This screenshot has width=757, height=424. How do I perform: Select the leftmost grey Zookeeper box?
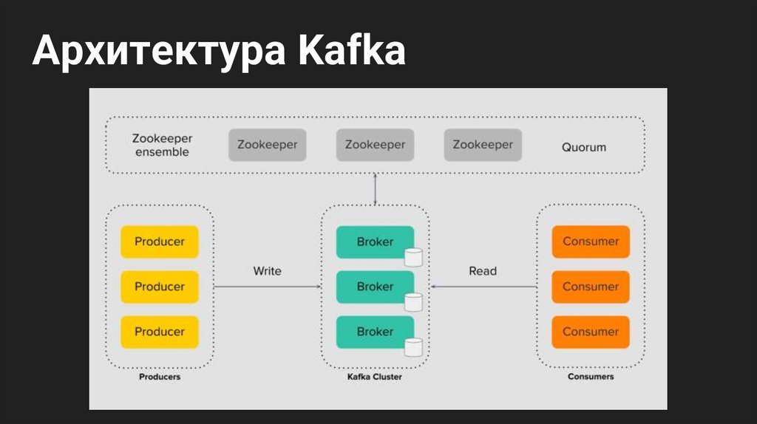pyautogui.click(x=267, y=145)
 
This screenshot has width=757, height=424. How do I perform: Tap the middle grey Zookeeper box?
pyautogui.click(x=375, y=145)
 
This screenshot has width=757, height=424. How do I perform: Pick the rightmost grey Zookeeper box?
pyautogui.click(x=483, y=145)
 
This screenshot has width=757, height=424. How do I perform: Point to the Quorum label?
pyautogui.click(x=583, y=147)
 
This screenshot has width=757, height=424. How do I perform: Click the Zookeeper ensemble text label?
pyautogui.click(x=161, y=145)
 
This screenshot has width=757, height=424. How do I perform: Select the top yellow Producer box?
pyautogui.click(x=160, y=242)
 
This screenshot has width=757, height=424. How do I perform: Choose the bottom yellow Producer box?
pyautogui.click(x=160, y=332)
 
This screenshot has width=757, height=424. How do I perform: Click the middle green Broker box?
pyautogui.click(x=375, y=287)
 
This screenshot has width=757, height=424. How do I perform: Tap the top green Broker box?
pyautogui.click(x=375, y=242)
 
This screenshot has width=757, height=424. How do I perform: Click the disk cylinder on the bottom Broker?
pyautogui.click(x=413, y=347)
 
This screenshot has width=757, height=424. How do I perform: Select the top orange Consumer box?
pyautogui.click(x=591, y=242)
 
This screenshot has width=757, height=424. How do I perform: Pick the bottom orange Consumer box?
pyautogui.click(x=591, y=332)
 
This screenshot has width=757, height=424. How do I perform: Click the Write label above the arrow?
pyautogui.click(x=267, y=271)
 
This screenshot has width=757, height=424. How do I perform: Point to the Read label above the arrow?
pyautogui.click(x=483, y=271)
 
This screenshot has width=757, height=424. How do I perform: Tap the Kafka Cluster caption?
pyautogui.click(x=375, y=377)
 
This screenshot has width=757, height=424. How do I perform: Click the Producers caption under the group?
pyautogui.click(x=160, y=377)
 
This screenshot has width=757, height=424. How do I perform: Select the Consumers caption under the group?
pyautogui.click(x=591, y=377)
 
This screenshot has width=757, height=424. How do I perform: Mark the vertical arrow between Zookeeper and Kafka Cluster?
pyautogui.click(x=376, y=189)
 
